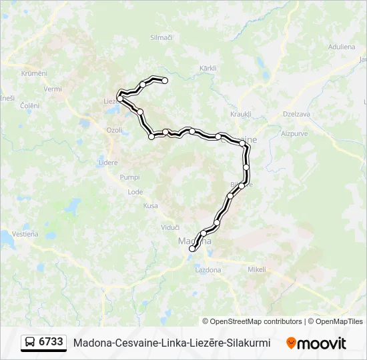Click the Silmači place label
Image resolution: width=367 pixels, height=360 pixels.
coord(161,37)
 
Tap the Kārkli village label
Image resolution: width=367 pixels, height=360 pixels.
coord(208,69)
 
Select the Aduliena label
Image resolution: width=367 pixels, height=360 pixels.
coord(341,47)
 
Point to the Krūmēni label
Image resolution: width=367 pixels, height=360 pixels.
coord(33,73)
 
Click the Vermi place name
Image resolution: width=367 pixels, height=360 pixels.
coord(53,89)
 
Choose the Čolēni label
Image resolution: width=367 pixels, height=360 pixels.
coord(29,105)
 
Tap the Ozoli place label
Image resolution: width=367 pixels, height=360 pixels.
coord(115,130)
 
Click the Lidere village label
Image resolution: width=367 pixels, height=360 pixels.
coord(108,163)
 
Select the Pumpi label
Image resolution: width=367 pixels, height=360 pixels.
coord(129,177)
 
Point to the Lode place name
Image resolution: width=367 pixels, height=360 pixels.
coord(135,192)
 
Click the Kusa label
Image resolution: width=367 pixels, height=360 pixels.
coord(151,206)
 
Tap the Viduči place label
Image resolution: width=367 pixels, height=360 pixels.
coord(170,227)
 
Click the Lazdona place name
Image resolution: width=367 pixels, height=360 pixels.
coord(208,270)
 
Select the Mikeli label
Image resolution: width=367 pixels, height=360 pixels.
coord(257,269)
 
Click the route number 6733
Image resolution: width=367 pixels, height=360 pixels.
coord(51,342)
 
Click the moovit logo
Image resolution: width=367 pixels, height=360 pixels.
coord(316,343)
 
